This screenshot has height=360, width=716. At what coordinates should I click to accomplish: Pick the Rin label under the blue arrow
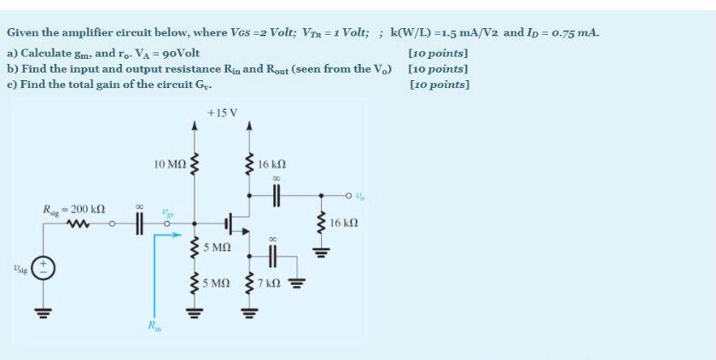(x=153, y=325)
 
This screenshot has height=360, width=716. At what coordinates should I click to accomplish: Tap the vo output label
(x=360, y=196)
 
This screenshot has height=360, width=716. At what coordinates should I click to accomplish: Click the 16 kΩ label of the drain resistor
(x=282, y=163)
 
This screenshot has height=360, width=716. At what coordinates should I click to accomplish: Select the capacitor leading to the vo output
(x=275, y=196)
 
